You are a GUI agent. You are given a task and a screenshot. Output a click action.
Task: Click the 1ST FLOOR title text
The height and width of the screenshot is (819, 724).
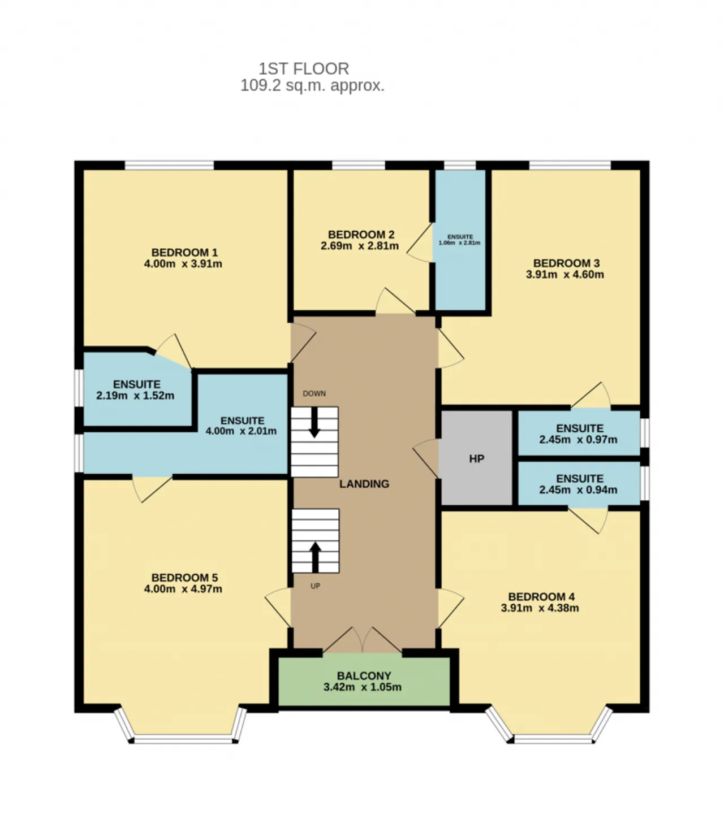coord(303,69)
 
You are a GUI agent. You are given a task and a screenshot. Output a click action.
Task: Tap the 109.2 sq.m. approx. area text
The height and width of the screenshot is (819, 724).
coord(312,86)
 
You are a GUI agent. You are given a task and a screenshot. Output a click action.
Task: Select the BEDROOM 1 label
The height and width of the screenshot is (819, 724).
coord(184,252)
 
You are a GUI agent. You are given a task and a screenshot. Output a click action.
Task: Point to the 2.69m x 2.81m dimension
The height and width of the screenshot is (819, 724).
coord(360,246)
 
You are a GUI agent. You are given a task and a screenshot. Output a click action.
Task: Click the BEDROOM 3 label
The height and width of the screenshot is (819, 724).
coord(566,263)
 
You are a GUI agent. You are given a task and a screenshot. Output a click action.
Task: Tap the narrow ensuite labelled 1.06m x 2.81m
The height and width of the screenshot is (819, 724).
coord(460,239)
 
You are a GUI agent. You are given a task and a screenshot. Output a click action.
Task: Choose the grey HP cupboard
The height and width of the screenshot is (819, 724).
coord(476,458)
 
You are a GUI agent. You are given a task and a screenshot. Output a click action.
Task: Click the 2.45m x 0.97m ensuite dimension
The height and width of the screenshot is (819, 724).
coord(578,439)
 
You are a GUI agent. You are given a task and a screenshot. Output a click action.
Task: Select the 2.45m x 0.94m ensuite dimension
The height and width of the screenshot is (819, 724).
coord(578,490)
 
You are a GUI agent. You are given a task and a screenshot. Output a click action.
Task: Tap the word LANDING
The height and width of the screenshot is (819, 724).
coord(364,484)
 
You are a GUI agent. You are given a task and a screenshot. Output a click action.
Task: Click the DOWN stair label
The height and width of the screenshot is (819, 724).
coord(314,393)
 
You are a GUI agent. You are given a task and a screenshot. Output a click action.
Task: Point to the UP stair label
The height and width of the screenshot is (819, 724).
coord(315,586)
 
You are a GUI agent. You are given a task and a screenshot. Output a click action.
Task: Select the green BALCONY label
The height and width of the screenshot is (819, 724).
coord(364,676)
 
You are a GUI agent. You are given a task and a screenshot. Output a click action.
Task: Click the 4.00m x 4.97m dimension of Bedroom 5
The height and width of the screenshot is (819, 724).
coord(183,589)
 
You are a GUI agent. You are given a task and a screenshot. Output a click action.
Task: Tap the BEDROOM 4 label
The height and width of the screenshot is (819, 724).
coord(541,597)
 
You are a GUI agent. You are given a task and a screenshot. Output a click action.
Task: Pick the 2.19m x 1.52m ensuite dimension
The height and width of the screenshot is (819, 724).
coord(135,395)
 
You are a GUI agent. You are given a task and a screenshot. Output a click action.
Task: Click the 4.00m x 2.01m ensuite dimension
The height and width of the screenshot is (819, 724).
coord(241,431)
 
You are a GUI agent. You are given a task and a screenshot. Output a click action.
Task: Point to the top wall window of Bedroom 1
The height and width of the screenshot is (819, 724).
coord(169,165)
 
